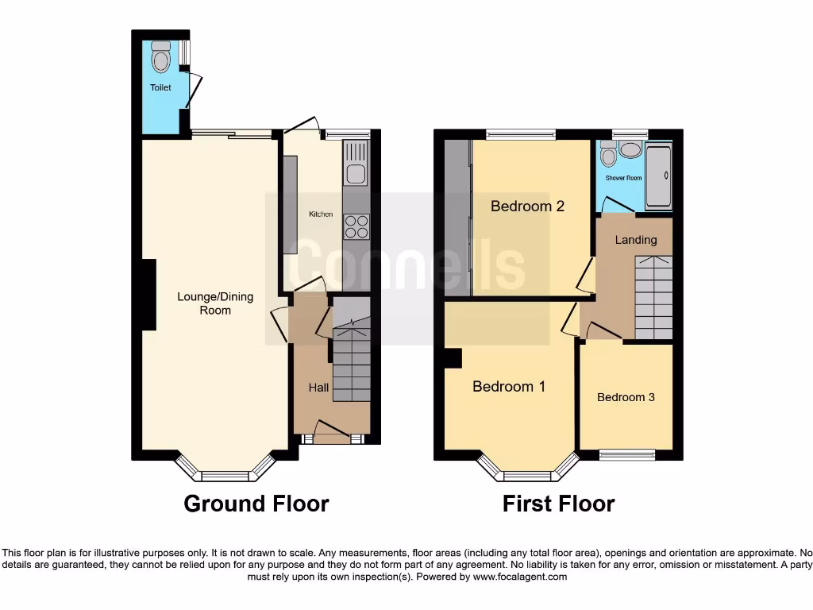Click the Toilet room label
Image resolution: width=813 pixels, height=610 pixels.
160,87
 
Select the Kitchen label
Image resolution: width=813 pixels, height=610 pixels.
321,214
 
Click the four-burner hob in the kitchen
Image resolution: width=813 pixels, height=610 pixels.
356,226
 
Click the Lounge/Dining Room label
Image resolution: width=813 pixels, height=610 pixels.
215,303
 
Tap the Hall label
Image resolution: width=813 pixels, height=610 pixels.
318,388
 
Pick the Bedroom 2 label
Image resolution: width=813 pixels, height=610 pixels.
527,207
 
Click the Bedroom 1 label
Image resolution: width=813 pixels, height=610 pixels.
509,387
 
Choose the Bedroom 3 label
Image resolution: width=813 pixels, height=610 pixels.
626,397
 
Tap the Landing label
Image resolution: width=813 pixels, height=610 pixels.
636,240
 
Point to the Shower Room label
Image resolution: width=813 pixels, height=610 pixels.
623,178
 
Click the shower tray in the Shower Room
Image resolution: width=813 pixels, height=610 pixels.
658,176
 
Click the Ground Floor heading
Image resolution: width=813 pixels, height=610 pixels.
256,504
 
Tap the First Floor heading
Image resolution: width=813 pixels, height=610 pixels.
558,504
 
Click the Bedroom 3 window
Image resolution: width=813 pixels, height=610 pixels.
626,454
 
